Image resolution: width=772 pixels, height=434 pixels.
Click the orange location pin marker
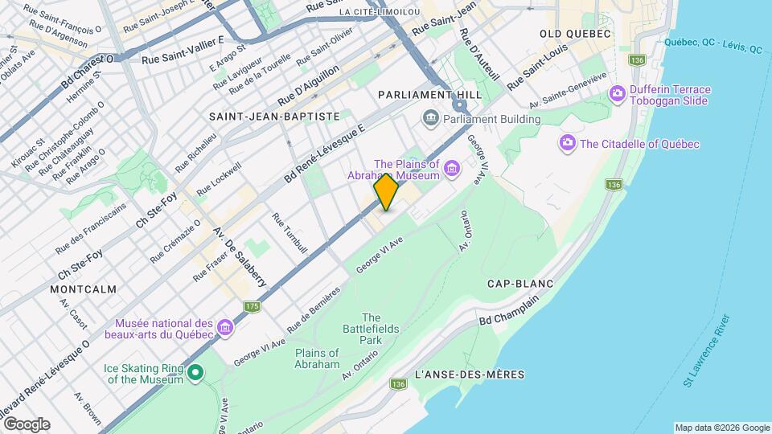tap(387, 191)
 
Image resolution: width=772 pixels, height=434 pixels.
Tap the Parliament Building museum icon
tap(430, 119)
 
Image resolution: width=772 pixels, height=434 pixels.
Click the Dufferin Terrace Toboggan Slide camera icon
tap(618, 94)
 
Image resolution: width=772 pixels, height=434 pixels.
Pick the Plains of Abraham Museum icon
tap(453, 170)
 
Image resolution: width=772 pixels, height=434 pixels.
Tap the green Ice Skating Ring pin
tap(194, 373)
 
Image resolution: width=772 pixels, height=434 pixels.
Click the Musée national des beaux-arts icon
tap(225, 328)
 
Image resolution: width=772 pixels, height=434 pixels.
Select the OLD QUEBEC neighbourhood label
tap(576, 34)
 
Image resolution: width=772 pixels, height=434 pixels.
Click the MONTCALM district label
tap(83, 289)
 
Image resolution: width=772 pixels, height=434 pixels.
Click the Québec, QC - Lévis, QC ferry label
tap(713, 46)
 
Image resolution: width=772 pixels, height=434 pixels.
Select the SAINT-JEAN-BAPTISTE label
tap(274, 117)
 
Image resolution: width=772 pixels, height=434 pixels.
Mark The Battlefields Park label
tap(371, 329)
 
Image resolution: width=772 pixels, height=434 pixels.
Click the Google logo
tap(27, 424)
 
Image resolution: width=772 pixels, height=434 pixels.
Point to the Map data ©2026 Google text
tap(721, 428)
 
